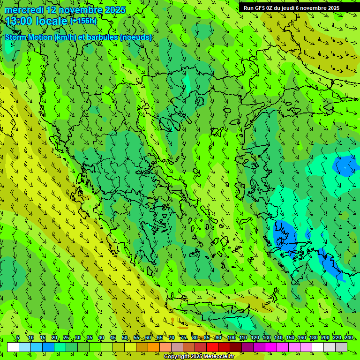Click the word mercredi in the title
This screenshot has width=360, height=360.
23,10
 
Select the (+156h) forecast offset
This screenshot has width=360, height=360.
83,21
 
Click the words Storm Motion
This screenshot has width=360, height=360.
29,37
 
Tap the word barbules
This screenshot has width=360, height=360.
103,37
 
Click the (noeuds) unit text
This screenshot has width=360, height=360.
136,37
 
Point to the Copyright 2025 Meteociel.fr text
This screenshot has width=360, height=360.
205,357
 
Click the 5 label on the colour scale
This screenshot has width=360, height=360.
18,337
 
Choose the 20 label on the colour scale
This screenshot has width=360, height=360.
54,337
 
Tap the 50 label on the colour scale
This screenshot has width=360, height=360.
124,337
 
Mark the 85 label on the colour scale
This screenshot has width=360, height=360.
207,337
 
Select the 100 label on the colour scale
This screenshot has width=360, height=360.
231,337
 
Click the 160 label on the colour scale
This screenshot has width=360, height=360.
301,337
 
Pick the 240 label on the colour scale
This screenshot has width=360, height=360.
348,337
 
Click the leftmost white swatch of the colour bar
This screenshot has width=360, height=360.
13,347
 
